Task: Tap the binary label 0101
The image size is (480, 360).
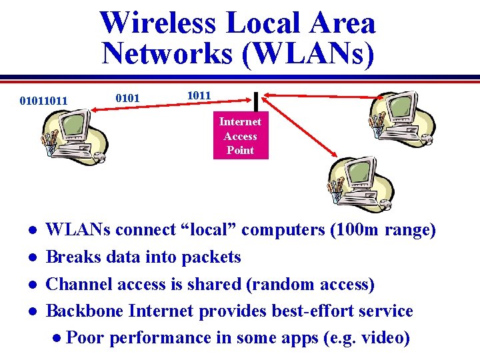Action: (127, 99)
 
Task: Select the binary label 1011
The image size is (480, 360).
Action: (199, 95)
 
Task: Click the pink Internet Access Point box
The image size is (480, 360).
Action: (240, 135)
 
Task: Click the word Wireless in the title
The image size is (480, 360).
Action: (158, 23)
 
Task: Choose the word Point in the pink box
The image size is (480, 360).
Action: (240, 150)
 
